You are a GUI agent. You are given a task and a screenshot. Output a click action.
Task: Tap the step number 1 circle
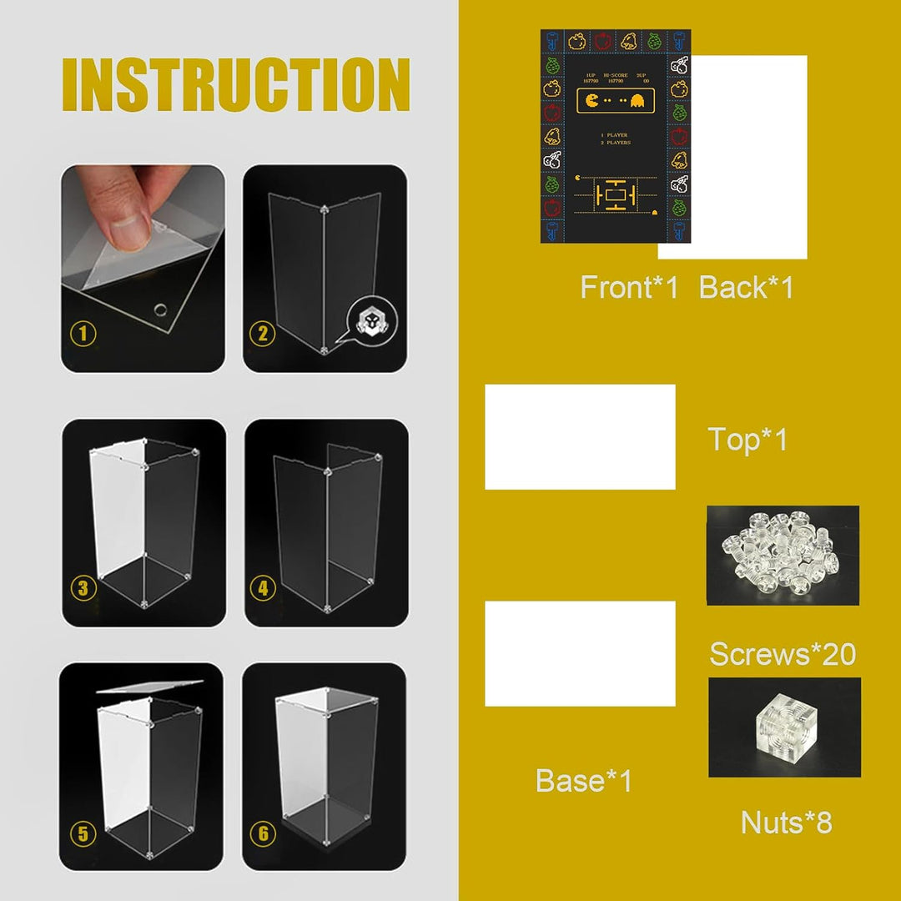[x=83, y=335]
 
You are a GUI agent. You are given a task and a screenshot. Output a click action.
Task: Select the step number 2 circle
[x=263, y=335]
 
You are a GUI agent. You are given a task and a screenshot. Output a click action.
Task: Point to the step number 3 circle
[x=83, y=588]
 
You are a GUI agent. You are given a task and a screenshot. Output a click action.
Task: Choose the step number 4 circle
[x=263, y=588]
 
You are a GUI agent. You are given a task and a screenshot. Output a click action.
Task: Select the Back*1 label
[x=746, y=288]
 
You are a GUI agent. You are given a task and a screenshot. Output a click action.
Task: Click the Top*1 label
[x=747, y=440]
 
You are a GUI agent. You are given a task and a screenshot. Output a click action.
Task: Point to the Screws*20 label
[x=783, y=654]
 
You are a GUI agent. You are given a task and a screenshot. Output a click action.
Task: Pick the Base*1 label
[x=584, y=782]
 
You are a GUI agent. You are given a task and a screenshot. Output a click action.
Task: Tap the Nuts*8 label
[x=786, y=823]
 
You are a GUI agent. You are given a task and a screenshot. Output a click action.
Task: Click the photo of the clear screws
[x=783, y=555]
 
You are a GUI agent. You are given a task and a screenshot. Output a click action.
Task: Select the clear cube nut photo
[x=784, y=727]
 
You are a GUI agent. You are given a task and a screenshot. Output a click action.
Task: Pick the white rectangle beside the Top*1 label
[x=580, y=437]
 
